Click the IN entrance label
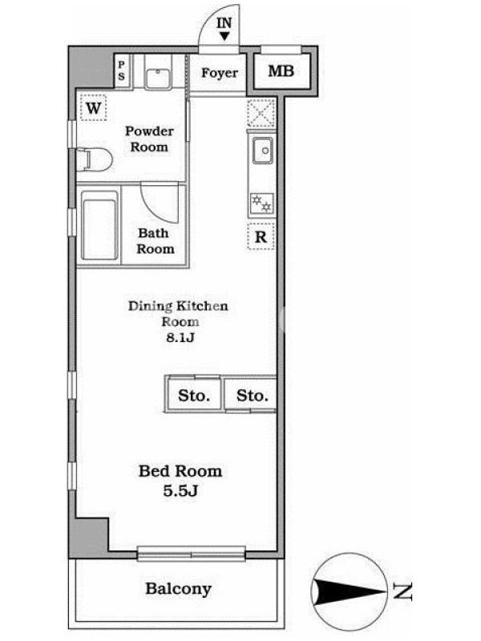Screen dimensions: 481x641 pyautogui.click(x=224, y=23)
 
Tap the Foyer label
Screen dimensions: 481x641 pyautogui.click(x=219, y=73)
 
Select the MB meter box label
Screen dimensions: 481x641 pyautogui.click(x=281, y=71)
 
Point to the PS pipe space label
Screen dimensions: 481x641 pyautogui.click(x=122, y=71)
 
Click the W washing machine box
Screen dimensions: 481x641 pyautogui.click(x=93, y=108)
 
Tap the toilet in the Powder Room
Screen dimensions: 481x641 pyautogui.click(x=95, y=159)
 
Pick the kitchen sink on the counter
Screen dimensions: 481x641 pyautogui.click(x=263, y=151)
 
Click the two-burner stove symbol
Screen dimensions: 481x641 pyautogui.click(x=261, y=204)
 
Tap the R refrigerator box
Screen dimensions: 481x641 pyautogui.click(x=261, y=236)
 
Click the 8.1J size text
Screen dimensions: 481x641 pyautogui.click(x=180, y=338)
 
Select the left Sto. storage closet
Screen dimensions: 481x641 pyautogui.click(x=194, y=395)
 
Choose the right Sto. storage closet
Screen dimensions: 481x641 pyautogui.click(x=251, y=395)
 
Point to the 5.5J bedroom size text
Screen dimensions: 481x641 pyautogui.click(x=180, y=490)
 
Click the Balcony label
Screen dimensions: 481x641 pyautogui.click(x=178, y=589)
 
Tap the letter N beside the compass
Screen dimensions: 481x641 pyautogui.click(x=402, y=591)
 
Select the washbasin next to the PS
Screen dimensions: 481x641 pyautogui.click(x=158, y=79)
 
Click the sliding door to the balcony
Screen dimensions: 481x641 pyautogui.click(x=191, y=554)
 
